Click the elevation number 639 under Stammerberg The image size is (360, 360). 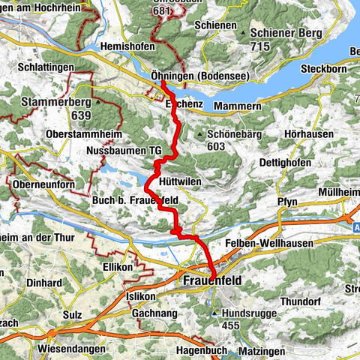[98, 114]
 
